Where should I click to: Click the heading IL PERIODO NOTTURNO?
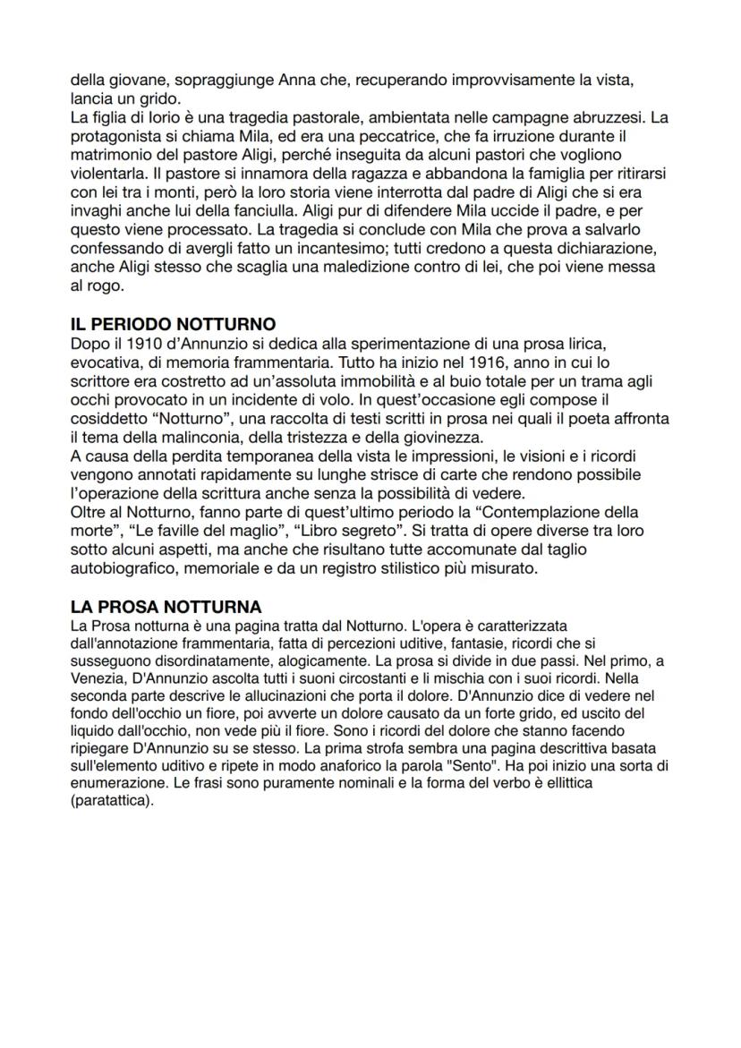click(173, 323)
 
